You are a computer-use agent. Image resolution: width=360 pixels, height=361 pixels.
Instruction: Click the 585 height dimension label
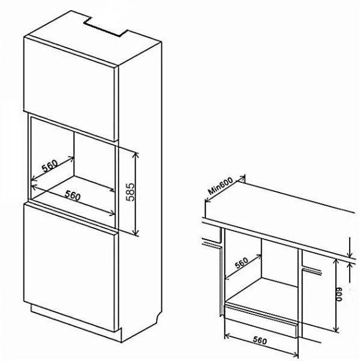pos(130,192)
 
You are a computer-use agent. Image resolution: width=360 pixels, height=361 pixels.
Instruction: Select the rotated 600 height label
pos(340,294)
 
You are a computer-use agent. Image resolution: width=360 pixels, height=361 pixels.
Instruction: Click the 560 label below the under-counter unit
pos(260,340)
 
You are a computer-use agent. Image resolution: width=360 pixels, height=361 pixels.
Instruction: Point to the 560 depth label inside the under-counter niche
pos(241,263)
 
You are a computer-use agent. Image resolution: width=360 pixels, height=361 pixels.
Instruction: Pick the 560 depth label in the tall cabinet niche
pos(50,165)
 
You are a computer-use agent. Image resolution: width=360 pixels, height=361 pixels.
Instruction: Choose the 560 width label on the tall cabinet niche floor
pos(73,195)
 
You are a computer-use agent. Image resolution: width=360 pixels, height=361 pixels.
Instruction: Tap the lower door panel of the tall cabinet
pos(69,267)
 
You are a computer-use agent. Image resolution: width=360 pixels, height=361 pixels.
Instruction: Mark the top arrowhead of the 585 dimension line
pos(135,155)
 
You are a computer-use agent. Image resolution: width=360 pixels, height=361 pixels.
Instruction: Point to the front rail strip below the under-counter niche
pos(261,320)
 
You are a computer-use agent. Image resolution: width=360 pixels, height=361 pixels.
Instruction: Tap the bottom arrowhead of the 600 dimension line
pos(337,329)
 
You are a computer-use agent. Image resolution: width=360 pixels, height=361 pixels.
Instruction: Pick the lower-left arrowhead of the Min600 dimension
pos(207,200)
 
